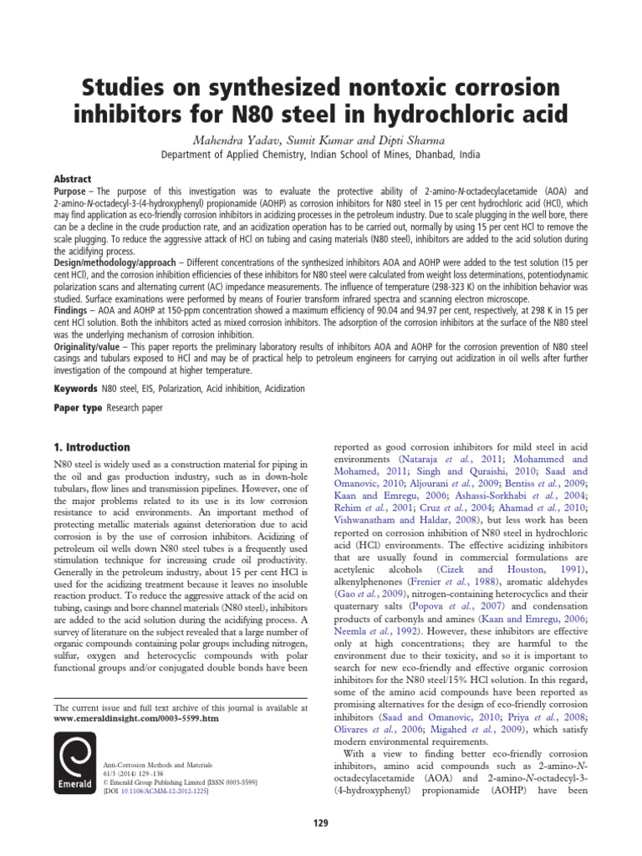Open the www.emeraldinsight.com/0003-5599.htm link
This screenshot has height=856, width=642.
pos(135,719)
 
